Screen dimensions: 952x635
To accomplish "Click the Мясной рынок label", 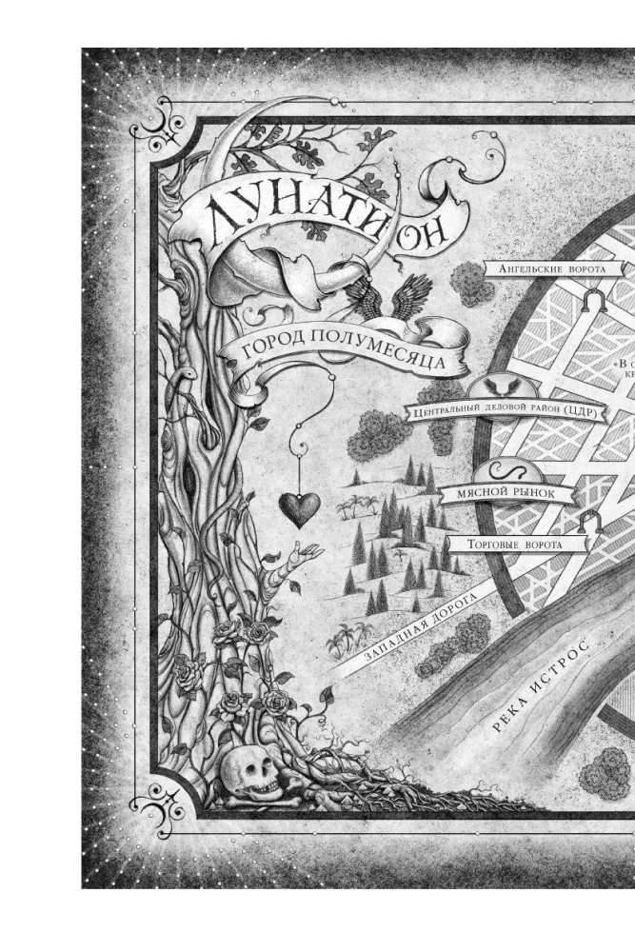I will [x=508, y=494].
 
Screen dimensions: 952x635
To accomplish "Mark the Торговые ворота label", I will [x=513, y=545].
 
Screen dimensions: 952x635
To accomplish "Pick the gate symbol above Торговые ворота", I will [x=590, y=520].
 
